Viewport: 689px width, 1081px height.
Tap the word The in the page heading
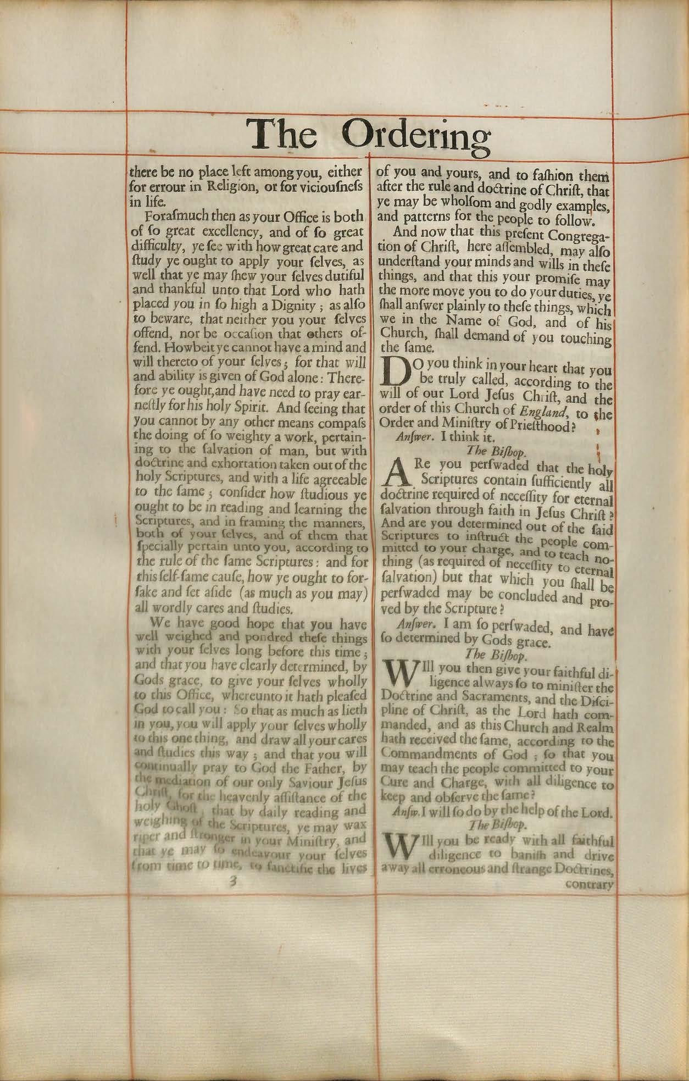tap(281, 134)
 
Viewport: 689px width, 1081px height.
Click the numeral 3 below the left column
tap(233, 880)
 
